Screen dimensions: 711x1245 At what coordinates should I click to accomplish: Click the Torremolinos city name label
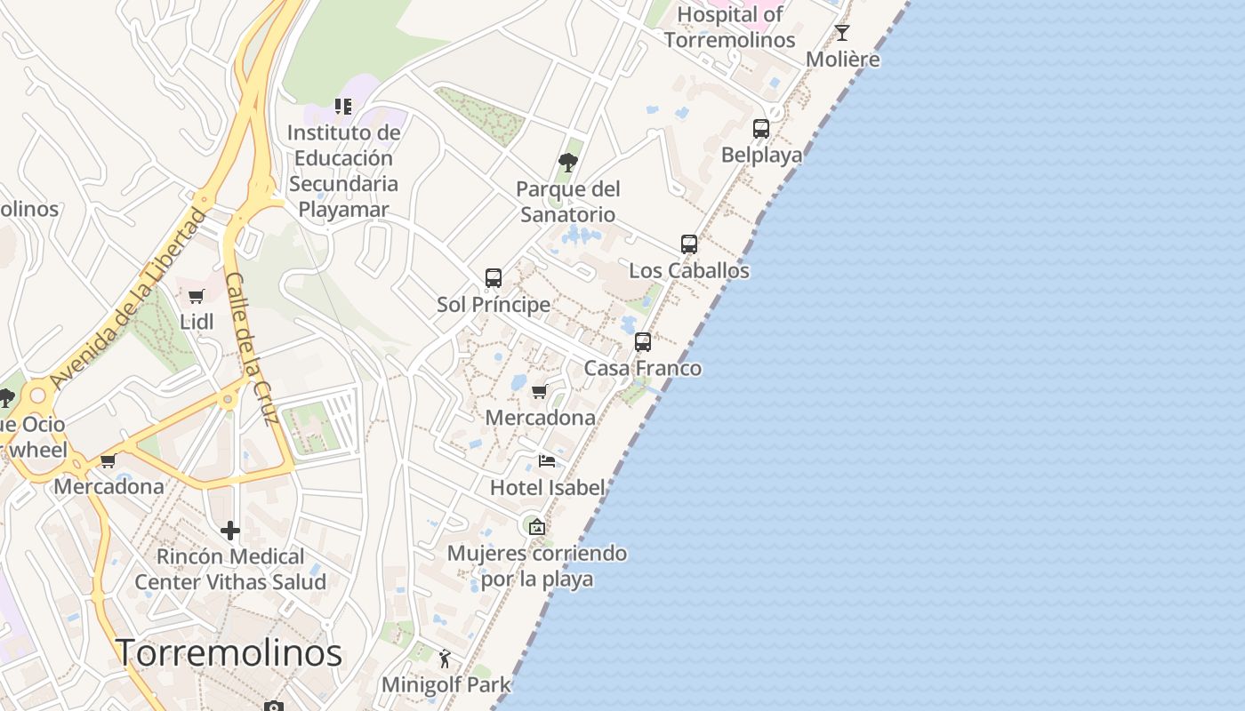coord(229,653)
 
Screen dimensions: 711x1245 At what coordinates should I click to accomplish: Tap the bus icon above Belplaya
coord(761,129)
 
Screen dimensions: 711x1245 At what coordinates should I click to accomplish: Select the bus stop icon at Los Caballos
coord(689,244)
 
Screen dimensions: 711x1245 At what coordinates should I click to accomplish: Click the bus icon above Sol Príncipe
coord(494,278)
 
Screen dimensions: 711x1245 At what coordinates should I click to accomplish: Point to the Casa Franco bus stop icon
coord(643,342)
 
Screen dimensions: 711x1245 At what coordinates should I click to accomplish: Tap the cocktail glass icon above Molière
coord(842,34)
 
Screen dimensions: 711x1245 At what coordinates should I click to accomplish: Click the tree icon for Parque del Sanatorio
coord(568,163)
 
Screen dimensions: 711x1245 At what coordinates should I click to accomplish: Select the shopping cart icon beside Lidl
coord(197,296)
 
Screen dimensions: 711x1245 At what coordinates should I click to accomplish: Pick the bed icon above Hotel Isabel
coord(547,461)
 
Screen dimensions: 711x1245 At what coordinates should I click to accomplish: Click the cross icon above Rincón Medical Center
coord(230,531)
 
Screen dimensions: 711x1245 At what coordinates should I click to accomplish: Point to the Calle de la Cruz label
coord(253,348)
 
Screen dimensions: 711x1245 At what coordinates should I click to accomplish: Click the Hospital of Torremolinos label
coord(729,27)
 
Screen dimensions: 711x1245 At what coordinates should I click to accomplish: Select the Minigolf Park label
coord(446,684)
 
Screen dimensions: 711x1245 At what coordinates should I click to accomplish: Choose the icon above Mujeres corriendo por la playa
coord(536,527)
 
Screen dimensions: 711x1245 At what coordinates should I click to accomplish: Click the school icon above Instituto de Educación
coord(343,107)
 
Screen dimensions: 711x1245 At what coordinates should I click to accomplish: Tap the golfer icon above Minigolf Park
coord(445,659)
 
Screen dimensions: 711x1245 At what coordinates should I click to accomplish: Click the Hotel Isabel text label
coord(548,487)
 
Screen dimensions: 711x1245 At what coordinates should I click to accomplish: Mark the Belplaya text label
coord(761,155)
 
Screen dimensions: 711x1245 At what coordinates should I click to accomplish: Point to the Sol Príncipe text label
coord(494,304)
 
